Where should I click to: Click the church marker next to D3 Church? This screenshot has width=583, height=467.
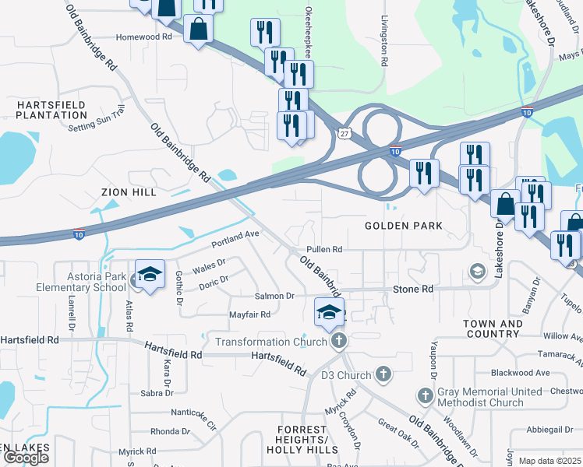(x=382, y=375)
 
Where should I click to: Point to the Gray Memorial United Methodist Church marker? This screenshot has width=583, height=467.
(x=426, y=395)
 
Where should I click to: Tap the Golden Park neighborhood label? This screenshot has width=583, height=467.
(x=404, y=226)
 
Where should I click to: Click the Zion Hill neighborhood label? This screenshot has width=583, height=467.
(x=129, y=191)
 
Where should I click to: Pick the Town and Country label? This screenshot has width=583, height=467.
(x=493, y=328)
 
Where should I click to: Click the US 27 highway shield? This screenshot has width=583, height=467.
(x=344, y=134)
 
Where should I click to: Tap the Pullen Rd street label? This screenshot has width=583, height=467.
(x=324, y=249)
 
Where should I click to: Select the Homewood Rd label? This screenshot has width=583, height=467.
(x=143, y=37)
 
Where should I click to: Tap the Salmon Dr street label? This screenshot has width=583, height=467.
(x=274, y=296)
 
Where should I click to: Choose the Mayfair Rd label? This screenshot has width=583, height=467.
(x=249, y=314)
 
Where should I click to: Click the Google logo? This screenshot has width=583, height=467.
(x=26, y=457)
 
